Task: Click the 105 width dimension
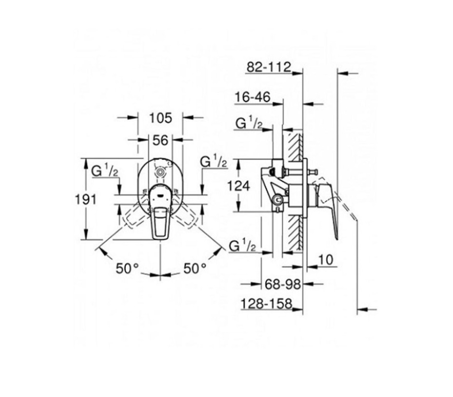point(160,118)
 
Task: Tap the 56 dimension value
point(160,140)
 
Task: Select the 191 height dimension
point(85,199)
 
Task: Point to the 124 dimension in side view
point(238,186)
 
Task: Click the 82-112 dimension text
point(268,67)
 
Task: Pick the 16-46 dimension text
point(252,97)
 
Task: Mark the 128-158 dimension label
point(266,304)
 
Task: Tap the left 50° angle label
point(128,269)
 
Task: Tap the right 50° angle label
point(195,269)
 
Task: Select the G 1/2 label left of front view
point(105,170)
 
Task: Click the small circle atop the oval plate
point(159,173)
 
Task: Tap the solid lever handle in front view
point(160,212)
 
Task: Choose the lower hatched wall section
point(295,233)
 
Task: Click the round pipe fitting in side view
point(278,199)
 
